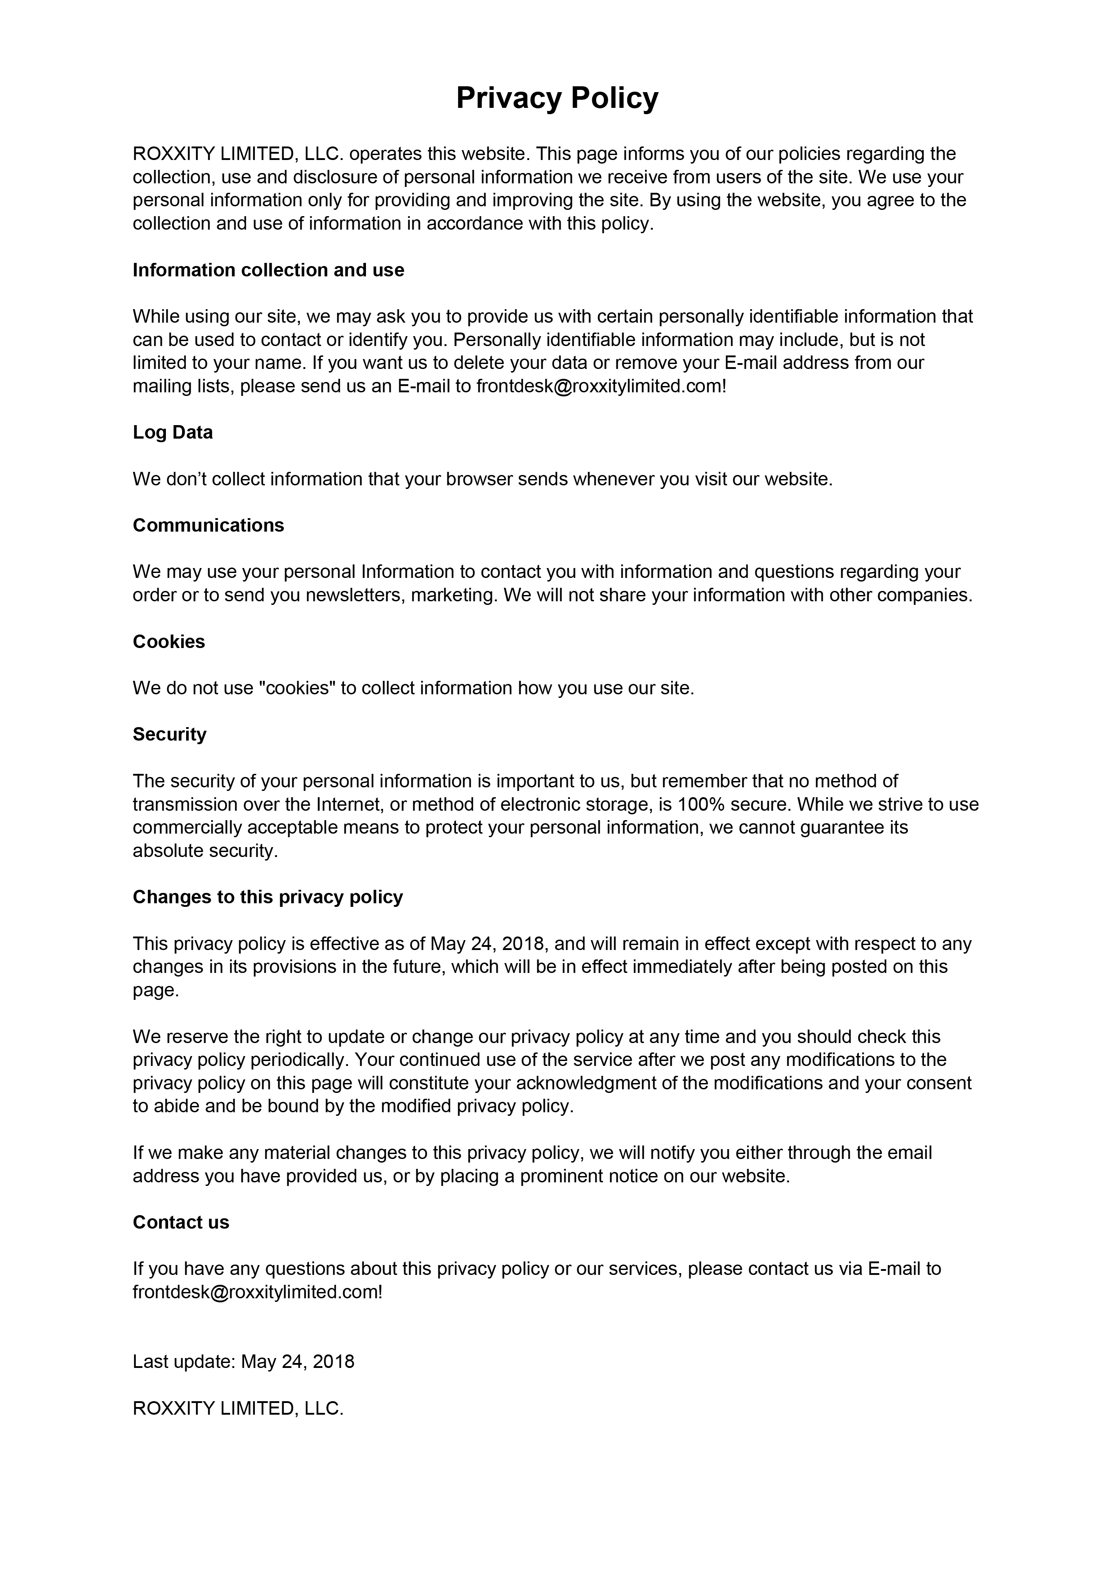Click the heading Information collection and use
[268, 271]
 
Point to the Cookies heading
[169, 642]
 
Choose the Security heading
[169, 734]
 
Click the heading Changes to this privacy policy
[268, 897]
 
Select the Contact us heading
[181, 1222]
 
